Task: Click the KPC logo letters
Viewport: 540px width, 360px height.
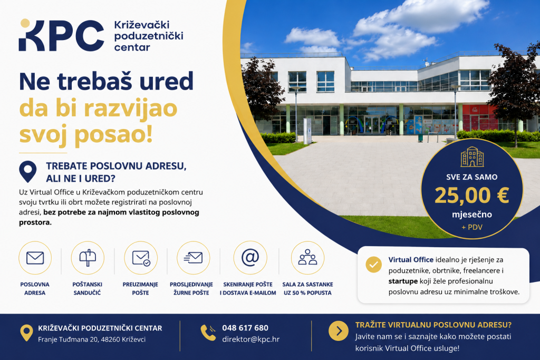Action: click(61, 35)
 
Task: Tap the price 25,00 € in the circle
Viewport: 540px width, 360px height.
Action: click(472, 195)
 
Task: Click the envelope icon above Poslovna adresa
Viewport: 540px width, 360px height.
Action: click(35, 258)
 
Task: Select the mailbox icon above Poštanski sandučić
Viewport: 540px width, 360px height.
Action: click(88, 258)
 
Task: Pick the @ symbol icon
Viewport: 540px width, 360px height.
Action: click(250, 257)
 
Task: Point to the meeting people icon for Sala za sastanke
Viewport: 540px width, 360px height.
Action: click(307, 257)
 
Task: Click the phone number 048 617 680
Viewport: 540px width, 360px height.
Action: click(245, 328)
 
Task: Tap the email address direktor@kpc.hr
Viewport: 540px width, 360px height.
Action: click(250, 339)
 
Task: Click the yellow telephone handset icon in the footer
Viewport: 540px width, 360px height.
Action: click(208, 333)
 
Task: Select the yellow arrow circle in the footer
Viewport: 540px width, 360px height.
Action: click(339, 331)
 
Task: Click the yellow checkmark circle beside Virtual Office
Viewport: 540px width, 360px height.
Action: click(374, 265)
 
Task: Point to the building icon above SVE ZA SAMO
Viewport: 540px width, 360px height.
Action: click(472, 157)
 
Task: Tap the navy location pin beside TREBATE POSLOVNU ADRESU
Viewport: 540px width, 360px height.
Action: click(28, 171)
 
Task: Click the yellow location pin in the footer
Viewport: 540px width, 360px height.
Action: click(26, 333)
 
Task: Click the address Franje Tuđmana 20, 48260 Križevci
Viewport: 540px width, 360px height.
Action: click(92, 339)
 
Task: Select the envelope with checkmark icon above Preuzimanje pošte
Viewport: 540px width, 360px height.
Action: click(141, 258)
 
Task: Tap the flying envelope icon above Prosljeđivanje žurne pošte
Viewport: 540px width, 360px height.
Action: click(193, 257)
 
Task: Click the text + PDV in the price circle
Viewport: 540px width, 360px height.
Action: click(472, 227)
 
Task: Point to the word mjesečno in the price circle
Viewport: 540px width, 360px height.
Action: click(472, 215)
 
